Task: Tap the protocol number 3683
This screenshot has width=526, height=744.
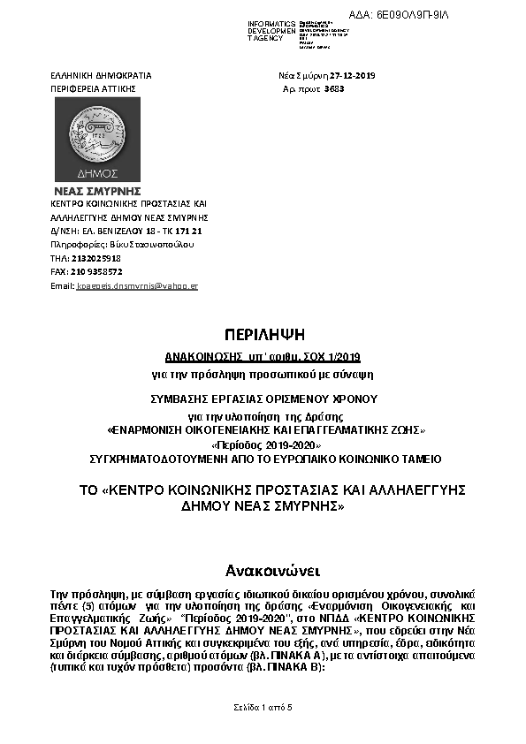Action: [x=334, y=89]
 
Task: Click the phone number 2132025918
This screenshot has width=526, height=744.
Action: [x=97, y=258]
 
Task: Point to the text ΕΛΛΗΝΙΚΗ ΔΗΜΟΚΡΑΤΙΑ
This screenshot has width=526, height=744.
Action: [x=101, y=75]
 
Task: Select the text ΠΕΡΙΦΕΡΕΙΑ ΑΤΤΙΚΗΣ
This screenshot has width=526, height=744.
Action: [x=93, y=89]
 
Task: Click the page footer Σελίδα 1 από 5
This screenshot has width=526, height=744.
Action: [x=262, y=708]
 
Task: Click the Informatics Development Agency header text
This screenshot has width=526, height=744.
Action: [x=271, y=31]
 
